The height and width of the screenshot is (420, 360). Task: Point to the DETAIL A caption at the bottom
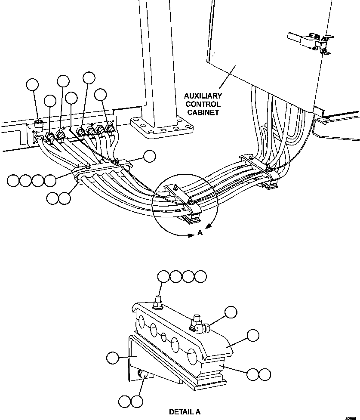point(185,412)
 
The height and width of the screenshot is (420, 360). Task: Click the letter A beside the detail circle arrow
point(200,232)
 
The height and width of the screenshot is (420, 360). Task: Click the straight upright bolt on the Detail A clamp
point(158,303)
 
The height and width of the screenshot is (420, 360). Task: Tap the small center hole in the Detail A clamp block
point(163,337)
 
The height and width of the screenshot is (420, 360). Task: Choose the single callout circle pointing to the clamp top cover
point(253,336)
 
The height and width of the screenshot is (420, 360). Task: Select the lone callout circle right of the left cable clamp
point(150,157)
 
